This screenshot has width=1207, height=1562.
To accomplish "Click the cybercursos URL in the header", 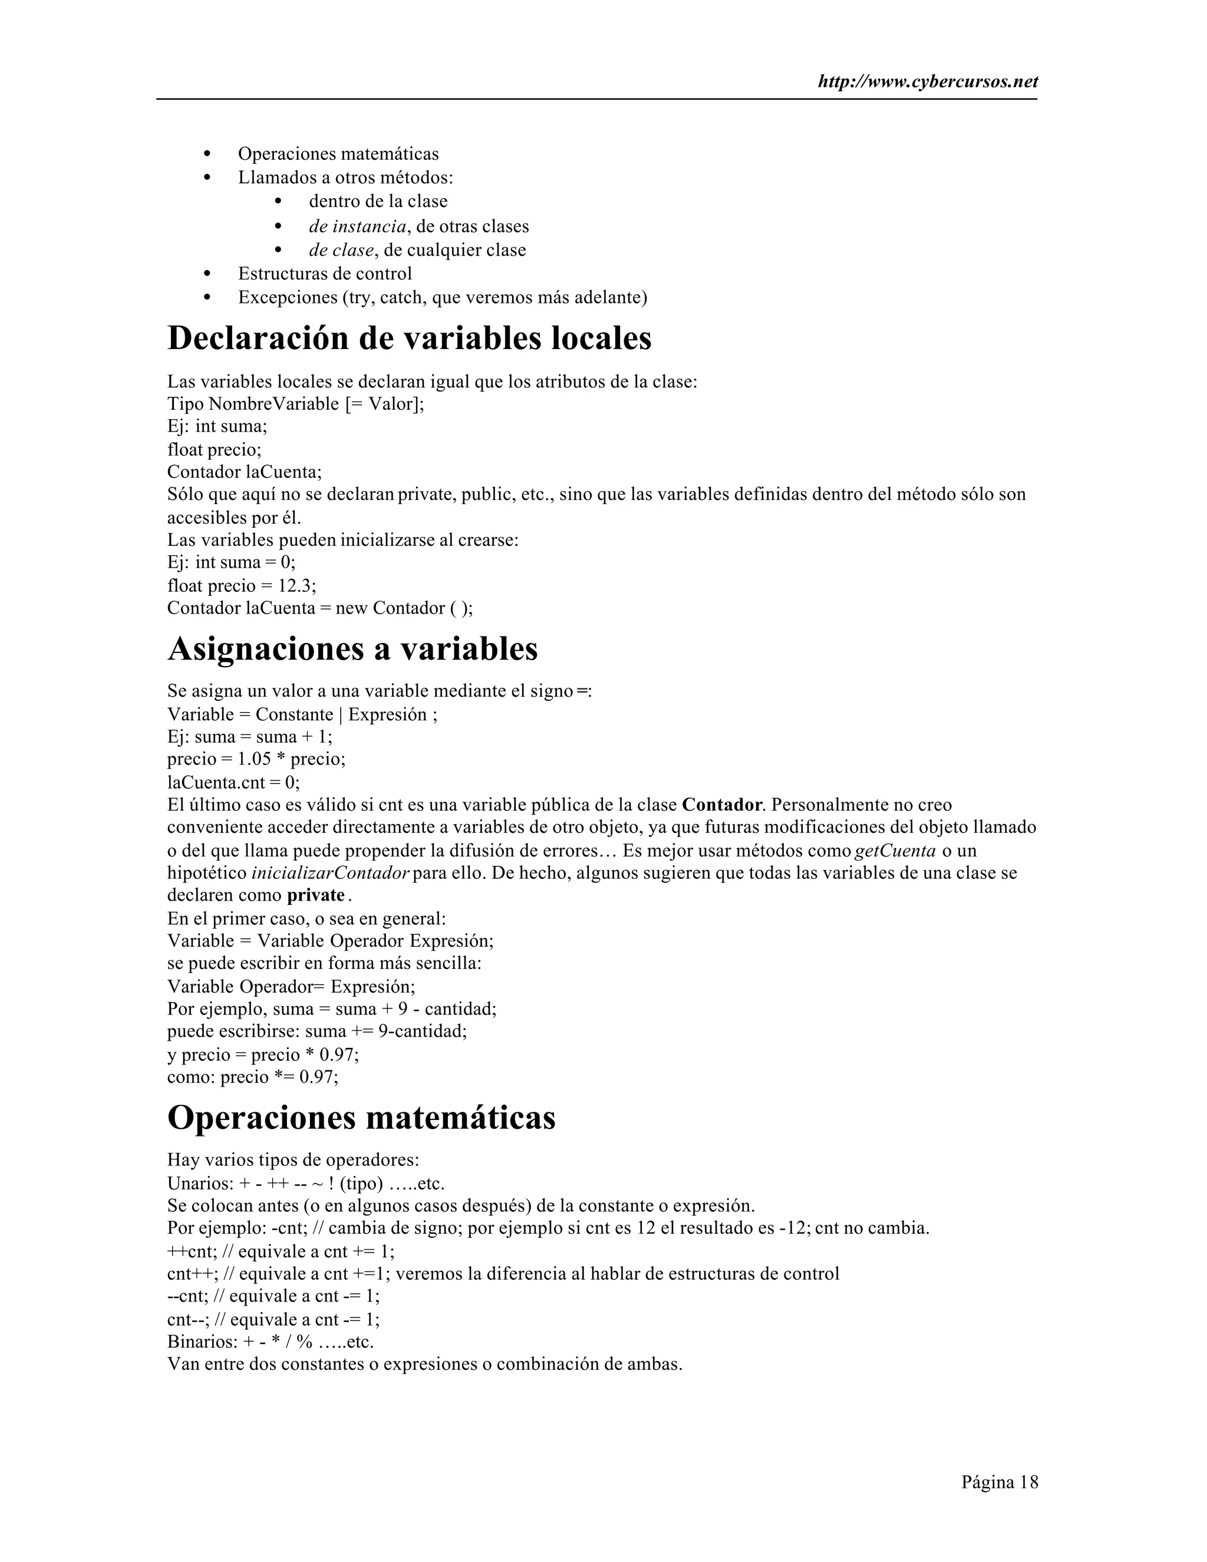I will pyautogui.click(x=928, y=81).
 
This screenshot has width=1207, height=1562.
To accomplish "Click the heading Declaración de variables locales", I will pyautogui.click(x=409, y=338).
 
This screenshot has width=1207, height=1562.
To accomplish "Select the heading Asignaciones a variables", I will pyautogui.click(x=352, y=649).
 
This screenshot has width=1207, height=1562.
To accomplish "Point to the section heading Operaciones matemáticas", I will pyautogui.click(x=361, y=1117).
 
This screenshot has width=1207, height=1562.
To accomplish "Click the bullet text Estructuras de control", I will pyautogui.click(x=325, y=273).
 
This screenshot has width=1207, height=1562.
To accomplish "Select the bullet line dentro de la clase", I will pyautogui.click(x=378, y=201).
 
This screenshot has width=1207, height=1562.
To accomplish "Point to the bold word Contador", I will pyautogui.click(x=721, y=805).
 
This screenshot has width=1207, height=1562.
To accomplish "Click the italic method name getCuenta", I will pyautogui.click(x=895, y=851).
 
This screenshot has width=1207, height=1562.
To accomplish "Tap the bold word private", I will pyautogui.click(x=316, y=896).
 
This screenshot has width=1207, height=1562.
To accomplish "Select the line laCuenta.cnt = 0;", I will pyautogui.click(x=233, y=782).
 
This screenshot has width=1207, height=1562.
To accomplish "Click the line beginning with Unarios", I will pyautogui.click(x=306, y=1183).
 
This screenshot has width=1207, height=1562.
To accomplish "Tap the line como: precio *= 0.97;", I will pyautogui.click(x=252, y=1076).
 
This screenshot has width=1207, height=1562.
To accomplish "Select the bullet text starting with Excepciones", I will pyautogui.click(x=442, y=297).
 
